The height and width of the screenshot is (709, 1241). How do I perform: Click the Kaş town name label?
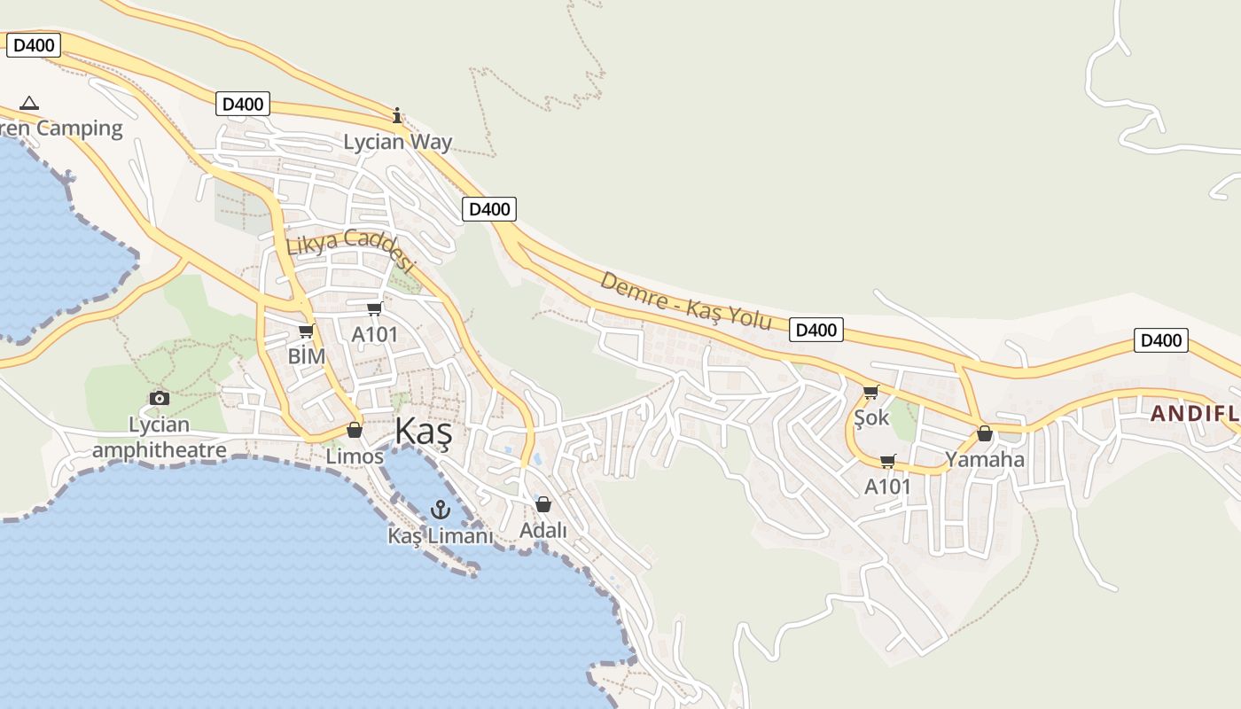pos(423,432)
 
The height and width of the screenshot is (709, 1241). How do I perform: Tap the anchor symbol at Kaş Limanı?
pos(441,510)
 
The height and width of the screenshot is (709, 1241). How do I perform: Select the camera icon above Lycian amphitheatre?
pos(160,398)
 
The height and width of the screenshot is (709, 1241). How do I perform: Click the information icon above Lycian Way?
pos(397,115)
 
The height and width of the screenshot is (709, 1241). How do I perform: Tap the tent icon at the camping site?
pos(29,103)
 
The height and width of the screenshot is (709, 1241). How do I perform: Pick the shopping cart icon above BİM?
pos(307,331)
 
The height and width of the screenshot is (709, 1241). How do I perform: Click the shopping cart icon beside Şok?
pos(870,392)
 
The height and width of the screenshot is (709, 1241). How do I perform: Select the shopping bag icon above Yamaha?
pos(984,433)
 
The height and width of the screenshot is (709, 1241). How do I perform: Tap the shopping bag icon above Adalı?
pos(543,504)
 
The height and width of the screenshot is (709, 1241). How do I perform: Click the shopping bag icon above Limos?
pos(355,430)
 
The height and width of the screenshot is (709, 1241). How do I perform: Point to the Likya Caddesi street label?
pos(351,249)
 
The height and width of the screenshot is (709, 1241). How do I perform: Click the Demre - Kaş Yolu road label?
pos(686,301)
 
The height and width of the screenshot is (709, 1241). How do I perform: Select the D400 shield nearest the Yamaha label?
pos(1160,340)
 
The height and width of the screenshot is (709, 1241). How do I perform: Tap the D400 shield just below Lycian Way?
pos(488,209)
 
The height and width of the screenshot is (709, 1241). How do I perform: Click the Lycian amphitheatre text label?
pos(160,438)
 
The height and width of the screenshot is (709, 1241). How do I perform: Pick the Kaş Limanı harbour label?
pos(440,536)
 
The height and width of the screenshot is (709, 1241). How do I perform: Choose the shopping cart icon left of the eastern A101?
pos(887,461)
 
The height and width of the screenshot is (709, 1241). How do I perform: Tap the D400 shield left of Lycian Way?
pos(243,104)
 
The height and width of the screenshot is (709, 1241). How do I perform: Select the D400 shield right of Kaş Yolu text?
pos(816,330)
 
